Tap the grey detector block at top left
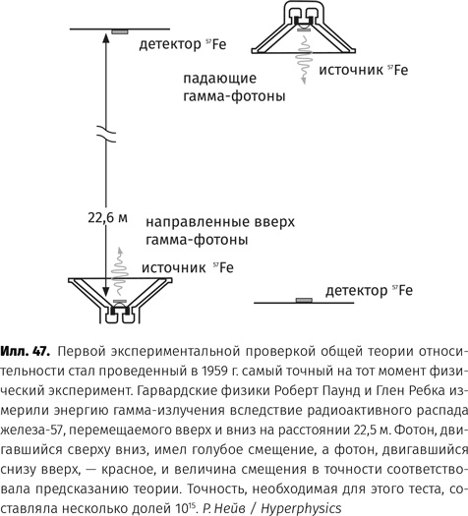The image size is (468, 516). pos(119,31)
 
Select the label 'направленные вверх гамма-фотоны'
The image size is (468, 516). pos(218,230)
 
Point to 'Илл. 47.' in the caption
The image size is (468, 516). pos(27,350)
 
